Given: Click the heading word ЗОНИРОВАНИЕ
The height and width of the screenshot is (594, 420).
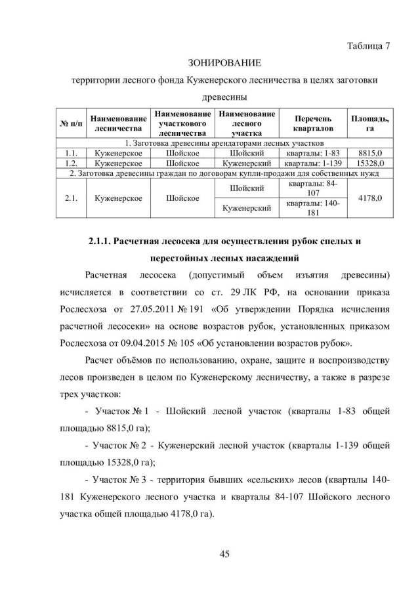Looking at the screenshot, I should (x=225, y=63).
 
